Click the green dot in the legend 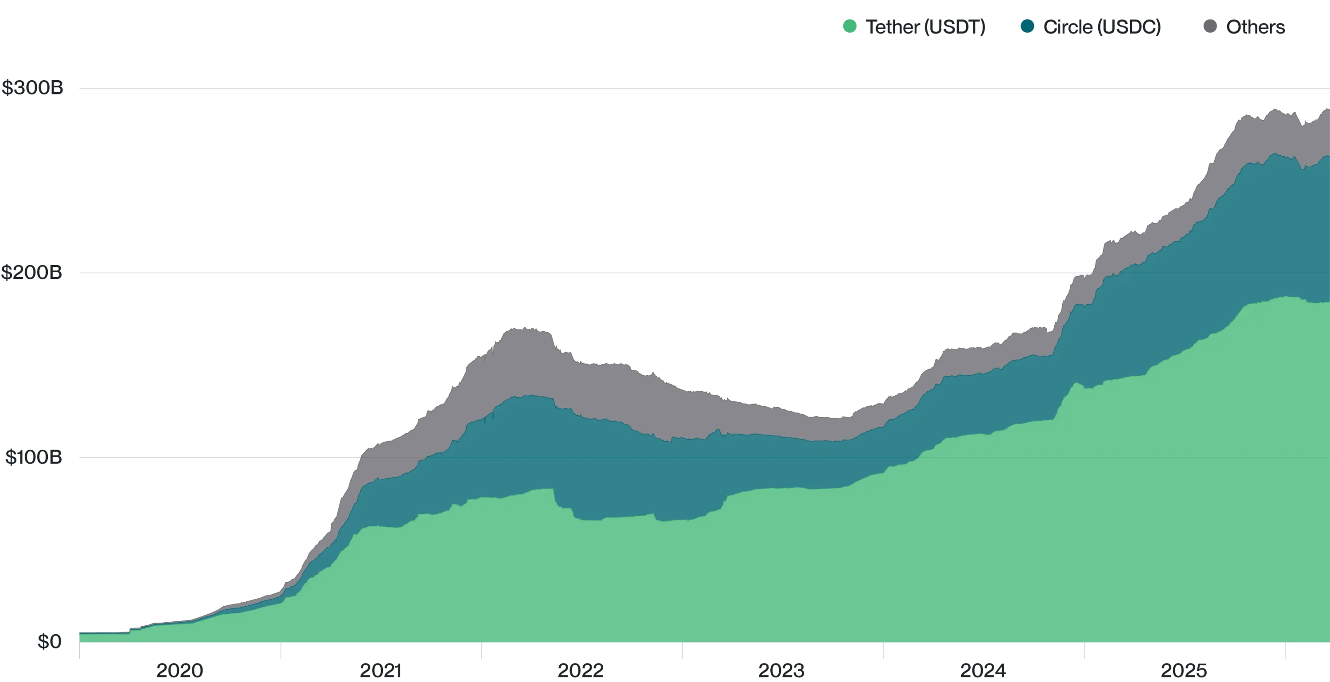[x=849, y=27]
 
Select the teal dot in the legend [x=1026, y=27]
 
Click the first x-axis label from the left [x=180, y=670]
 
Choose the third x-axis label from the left [x=582, y=670]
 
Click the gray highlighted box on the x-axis [x=381, y=651]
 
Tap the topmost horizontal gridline [x=671, y=87]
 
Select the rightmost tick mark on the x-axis [x=1284, y=652]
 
